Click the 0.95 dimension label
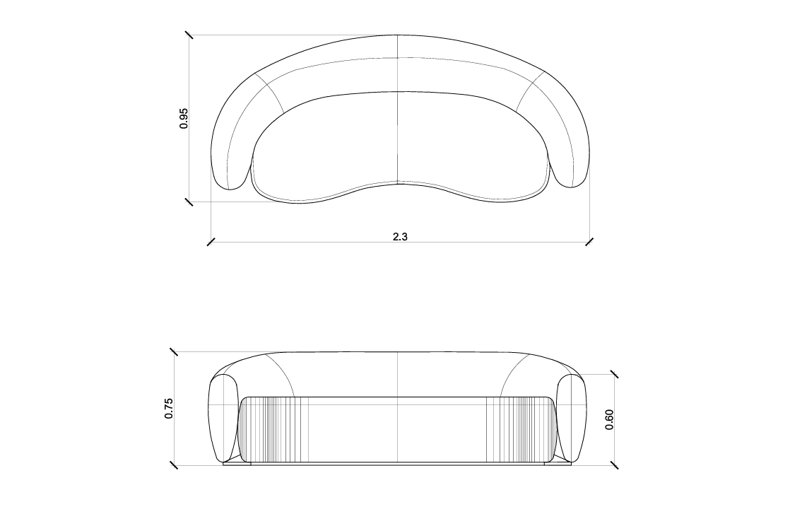click(184, 118)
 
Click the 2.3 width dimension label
click(400, 237)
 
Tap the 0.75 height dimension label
click(169, 409)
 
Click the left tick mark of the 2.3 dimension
click(211, 242)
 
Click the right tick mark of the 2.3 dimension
click(590, 242)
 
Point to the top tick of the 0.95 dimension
click(189, 35)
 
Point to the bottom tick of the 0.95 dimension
click(189, 202)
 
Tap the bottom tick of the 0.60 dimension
click(614, 465)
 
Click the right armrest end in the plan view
click(571, 170)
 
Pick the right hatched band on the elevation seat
click(520, 429)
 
